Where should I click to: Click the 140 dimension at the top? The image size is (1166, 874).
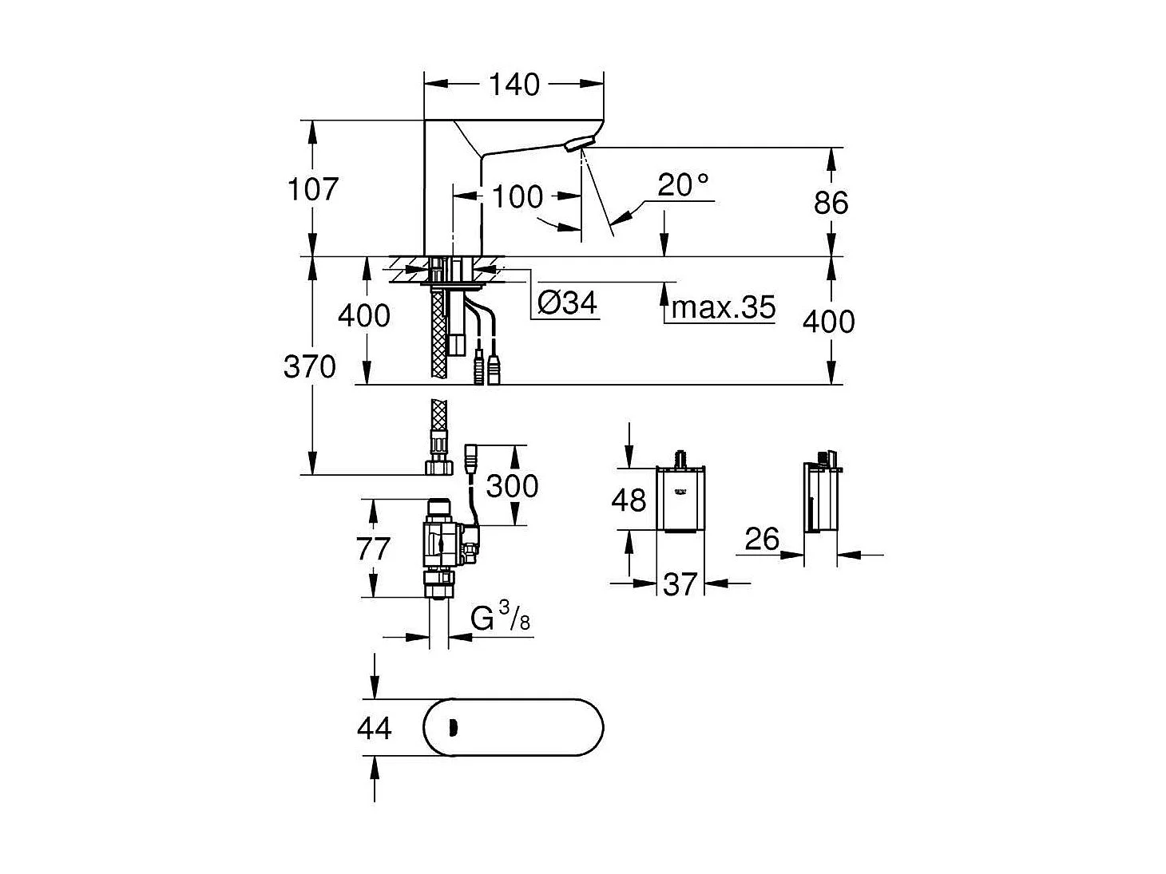tap(514, 85)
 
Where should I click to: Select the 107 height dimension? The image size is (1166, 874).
tap(313, 189)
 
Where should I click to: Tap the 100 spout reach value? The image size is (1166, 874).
tap(517, 196)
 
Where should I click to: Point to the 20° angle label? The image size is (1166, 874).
tap(683, 185)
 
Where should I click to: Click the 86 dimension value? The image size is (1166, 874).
tap(831, 203)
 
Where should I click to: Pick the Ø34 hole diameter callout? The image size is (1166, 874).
tap(567, 303)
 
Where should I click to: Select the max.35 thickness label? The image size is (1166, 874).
tap(724, 306)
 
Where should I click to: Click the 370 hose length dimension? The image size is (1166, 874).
tap(309, 367)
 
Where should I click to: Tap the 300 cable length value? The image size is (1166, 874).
tap(512, 485)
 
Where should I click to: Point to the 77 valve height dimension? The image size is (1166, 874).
tap(373, 549)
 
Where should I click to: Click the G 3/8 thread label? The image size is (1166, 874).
tap(500, 618)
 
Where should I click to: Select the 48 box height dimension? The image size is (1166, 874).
tap(629, 500)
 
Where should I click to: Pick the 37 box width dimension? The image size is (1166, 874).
tap(680, 584)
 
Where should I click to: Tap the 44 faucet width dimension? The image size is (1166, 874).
tap(374, 728)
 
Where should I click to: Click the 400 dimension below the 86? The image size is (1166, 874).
tap(828, 322)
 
